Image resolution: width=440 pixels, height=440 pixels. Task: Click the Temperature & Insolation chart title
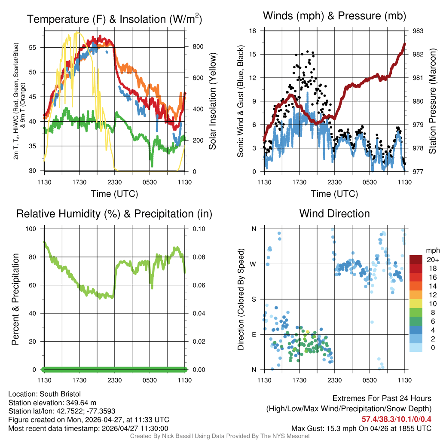click(114, 19)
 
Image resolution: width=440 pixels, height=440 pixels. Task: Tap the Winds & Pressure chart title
click(334, 16)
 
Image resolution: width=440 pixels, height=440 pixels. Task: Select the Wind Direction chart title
click(334, 214)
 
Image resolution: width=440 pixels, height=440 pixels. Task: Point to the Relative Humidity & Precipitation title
click(114, 214)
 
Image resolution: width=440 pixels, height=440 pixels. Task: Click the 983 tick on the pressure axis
click(418, 31)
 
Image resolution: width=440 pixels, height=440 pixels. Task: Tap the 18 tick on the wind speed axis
click(253, 31)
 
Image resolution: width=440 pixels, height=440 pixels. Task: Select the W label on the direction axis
click(253, 264)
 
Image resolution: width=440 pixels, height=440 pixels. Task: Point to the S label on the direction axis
click(254, 299)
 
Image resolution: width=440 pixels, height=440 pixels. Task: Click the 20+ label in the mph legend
click(431, 260)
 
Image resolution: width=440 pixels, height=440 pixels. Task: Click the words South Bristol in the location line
click(60, 394)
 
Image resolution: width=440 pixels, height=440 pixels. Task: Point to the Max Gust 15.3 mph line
click(361, 428)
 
